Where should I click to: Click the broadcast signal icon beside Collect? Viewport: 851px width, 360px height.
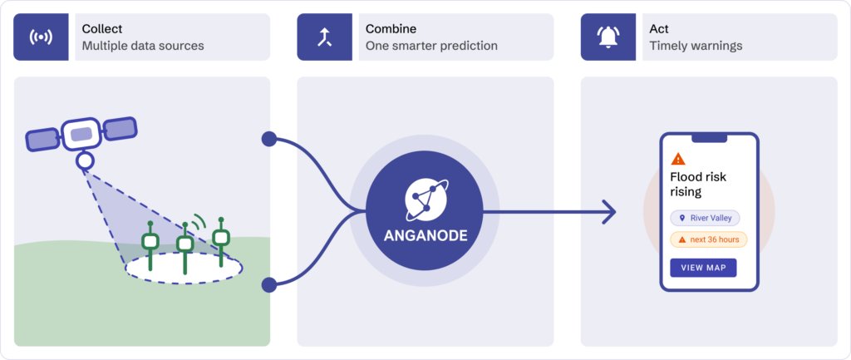click(x=41, y=37)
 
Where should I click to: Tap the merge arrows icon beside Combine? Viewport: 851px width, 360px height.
click(x=325, y=37)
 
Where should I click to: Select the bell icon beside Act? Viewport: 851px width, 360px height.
click(x=608, y=37)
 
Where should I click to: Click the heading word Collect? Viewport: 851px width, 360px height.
click(x=102, y=29)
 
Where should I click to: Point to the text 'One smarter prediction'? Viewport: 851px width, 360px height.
click(x=431, y=46)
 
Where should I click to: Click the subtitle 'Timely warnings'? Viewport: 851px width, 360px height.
click(x=696, y=46)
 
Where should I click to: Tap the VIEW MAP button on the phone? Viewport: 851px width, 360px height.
click(x=703, y=268)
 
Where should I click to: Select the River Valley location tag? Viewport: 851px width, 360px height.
click(x=705, y=219)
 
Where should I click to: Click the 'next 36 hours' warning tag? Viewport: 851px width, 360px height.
click(x=708, y=239)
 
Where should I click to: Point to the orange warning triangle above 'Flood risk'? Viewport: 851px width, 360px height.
click(x=678, y=159)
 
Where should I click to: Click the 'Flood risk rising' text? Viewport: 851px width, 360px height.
click(x=698, y=185)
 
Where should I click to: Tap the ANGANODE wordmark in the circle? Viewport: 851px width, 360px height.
click(x=425, y=236)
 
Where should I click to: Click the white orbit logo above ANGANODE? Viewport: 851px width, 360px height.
click(x=425, y=198)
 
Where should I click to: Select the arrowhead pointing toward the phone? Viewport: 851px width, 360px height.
click(x=609, y=211)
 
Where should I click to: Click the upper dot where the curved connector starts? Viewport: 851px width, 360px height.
click(x=269, y=139)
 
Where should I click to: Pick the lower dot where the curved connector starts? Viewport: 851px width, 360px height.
click(x=269, y=284)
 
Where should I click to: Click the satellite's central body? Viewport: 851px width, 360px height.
click(x=81, y=134)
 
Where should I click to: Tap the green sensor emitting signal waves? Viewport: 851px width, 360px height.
click(x=185, y=247)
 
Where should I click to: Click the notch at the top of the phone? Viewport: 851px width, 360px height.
click(x=709, y=139)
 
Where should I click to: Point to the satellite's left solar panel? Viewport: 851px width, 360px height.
click(x=42, y=140)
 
